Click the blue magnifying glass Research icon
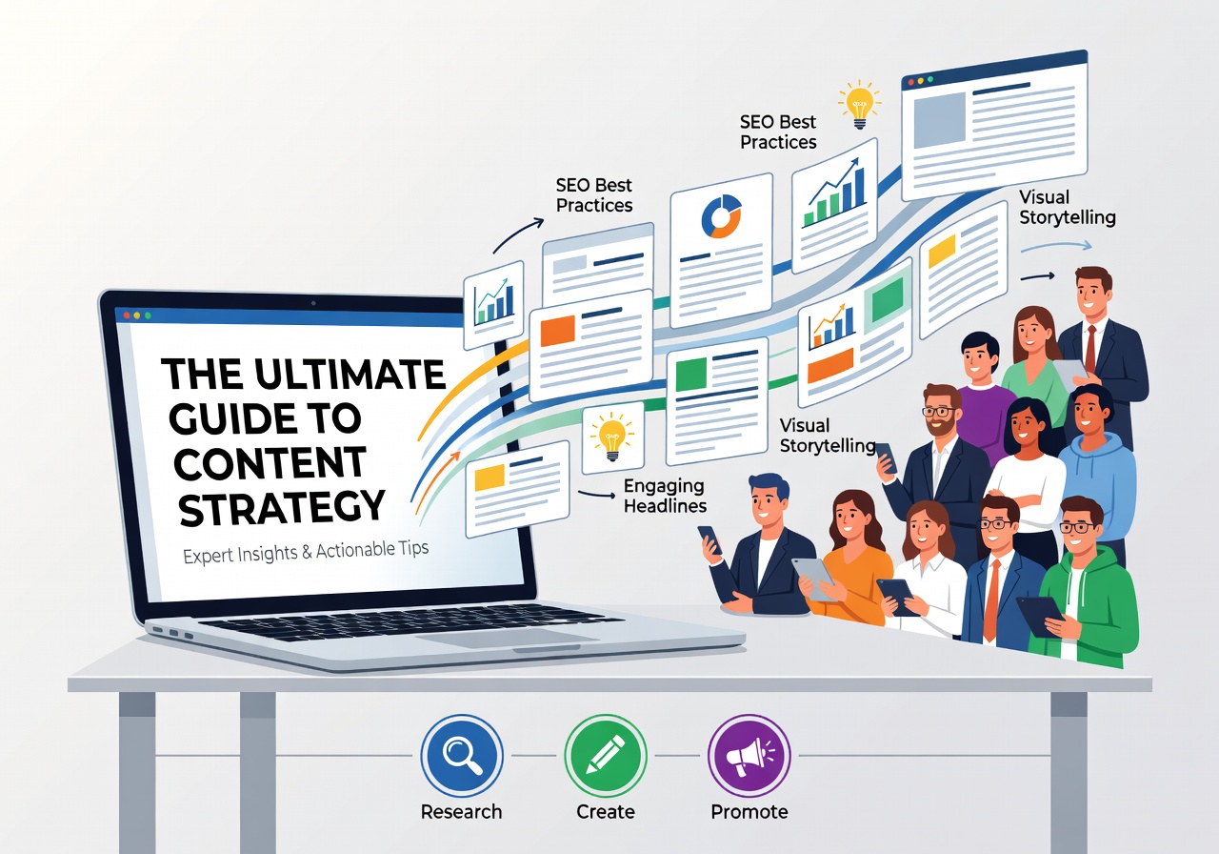click(462, 756)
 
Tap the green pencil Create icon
click(605, 756)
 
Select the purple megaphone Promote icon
click(749, 756)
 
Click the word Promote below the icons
click(749, 811)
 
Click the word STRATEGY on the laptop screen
click(282, 508)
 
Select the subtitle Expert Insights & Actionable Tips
click(306, 552)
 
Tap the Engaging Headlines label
click(665, 497)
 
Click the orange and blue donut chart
click(722, 216)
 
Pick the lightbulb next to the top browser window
click(859, 105)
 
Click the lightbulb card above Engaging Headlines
click(612, 437)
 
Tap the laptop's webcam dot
click(313, 303)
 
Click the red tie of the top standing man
click(1090, 348)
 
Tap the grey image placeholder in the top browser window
click(939, 120)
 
